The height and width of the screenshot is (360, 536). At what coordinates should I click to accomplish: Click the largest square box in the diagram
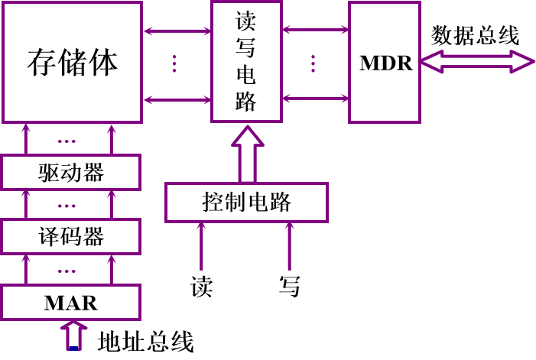(72, 62)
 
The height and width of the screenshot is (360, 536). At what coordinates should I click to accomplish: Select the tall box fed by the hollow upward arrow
(246, 61)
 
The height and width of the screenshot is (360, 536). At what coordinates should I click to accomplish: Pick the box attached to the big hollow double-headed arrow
(385, 62)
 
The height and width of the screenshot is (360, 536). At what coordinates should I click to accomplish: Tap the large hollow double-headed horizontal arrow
(476, 61)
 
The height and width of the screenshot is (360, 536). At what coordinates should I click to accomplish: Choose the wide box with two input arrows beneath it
(246, 203)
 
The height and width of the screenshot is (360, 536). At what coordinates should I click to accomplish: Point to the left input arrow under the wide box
(202, 246)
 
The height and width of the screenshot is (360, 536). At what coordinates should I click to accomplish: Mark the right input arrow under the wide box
(289, 246)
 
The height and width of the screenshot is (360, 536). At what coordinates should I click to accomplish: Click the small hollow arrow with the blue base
(73, 336)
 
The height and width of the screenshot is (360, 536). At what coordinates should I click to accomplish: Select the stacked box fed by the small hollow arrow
(70, 302)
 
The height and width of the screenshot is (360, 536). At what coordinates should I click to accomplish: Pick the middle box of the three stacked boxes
(70, 236)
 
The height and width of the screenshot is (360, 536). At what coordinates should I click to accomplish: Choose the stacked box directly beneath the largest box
(70, 172)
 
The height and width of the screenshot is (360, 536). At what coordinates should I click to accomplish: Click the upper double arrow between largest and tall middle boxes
(177, 31)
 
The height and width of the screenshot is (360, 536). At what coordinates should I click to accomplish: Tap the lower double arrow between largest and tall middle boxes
(177, 100)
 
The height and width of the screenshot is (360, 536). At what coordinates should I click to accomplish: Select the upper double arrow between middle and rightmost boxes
(315, 30)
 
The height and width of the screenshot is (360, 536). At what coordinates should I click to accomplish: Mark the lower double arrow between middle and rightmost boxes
(315, 99)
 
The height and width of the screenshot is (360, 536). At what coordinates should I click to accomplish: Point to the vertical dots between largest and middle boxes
(174, 63)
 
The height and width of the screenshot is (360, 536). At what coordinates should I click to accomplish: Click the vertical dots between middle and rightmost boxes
(313, 63)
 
